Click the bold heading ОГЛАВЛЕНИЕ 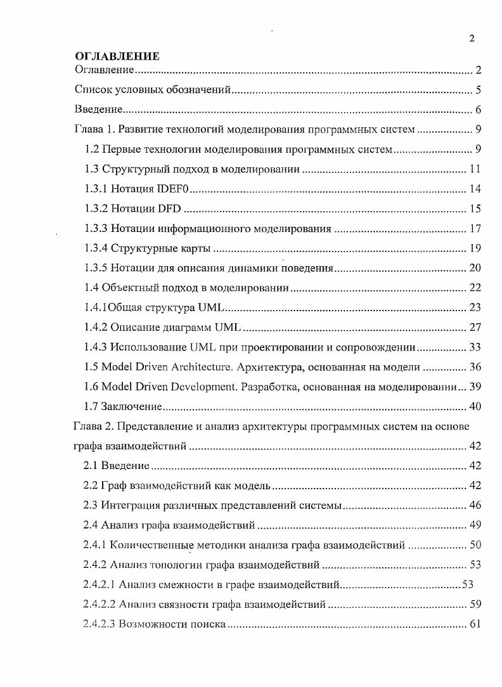coord(117,57)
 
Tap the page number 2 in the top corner coord(472,39)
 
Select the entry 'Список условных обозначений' coord(152,89)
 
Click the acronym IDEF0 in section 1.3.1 coord(176,189)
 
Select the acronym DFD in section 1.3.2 coord(167,209)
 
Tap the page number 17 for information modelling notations coord(475,228)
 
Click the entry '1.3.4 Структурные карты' coord(147,248)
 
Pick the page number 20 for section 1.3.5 coord(475,267)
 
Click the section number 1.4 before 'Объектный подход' coord(91,288)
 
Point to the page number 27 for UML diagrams coord(475,327)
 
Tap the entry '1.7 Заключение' coord(124,406)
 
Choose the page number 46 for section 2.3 coord(475,505)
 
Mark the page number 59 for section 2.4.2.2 coord(475,604)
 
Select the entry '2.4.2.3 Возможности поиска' coord(154,624)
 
